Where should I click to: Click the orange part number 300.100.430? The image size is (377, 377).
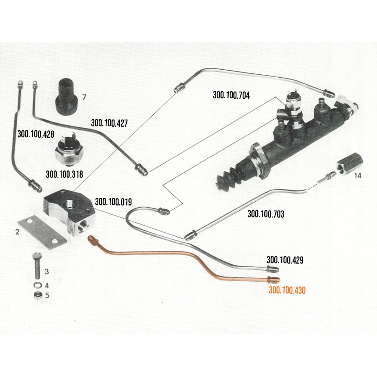pyautogui.click(x=287, y=290)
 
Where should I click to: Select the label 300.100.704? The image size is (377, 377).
pyautogui.click(x=231, y=95)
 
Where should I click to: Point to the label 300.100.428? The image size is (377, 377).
pyautogui.click(x=36, y=134)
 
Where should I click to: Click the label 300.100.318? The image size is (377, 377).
pyautogui.click(x=64, y=174)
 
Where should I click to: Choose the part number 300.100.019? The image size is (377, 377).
pyautogui.click(x=113, y=202)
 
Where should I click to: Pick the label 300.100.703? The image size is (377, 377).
pyautogui.click(x=266, y=214)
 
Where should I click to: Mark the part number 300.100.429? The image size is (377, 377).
pyautogui.click(x=285, y=260)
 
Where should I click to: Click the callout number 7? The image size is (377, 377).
pyautogui.click(x=84, y=97)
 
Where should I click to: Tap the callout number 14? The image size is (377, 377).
pyautogui.click(x=357, y=176)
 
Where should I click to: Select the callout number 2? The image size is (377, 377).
pyautogui.click(x=17, y=232)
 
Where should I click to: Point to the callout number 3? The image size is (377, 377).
pyautogui.click(x=46, y=271)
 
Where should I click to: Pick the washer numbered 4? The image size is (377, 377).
pyautogui.click(x=37, y=285)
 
